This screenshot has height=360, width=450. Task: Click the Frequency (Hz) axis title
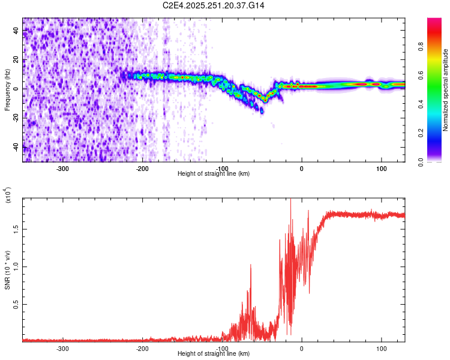7,90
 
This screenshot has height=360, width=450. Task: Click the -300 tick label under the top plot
63,167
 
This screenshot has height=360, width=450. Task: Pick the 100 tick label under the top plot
381,167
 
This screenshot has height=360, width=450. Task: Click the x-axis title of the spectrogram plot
214,173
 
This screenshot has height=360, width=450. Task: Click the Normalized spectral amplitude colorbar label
445,90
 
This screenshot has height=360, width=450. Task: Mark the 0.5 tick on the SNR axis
16,304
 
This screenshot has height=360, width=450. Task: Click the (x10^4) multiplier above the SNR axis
7,196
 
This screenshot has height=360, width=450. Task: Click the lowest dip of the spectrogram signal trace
262,112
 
